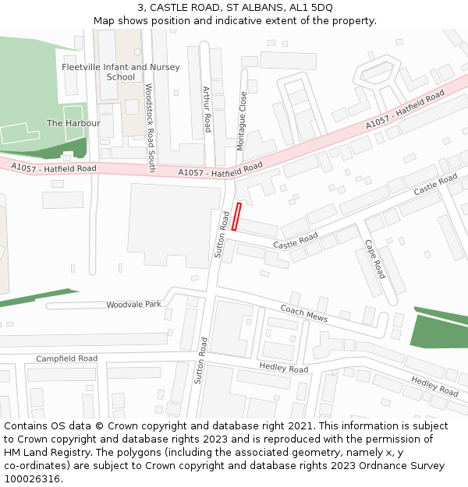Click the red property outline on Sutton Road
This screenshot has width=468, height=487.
click(236, 217)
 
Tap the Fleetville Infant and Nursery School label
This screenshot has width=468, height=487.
click(121, 72)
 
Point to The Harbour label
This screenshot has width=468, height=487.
click(73, 123)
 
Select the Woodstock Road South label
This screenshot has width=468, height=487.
click(151, 127)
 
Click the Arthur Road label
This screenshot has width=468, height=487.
click(207, 109)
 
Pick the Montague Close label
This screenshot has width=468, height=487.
click(242, 121)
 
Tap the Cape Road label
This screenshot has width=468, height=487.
click(375, 259)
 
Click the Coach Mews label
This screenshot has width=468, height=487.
click(304, 314)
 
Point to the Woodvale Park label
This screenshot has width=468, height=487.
click(133, 305)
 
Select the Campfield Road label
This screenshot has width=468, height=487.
click(66, 358)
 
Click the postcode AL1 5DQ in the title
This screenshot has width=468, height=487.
click(312, 7)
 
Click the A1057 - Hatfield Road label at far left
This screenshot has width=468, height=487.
click(53, 168)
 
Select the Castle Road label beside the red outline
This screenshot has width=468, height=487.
click(296, 241)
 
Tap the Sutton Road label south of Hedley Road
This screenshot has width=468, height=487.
click(199, 360)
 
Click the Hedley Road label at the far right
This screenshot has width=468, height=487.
click(434, 386)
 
